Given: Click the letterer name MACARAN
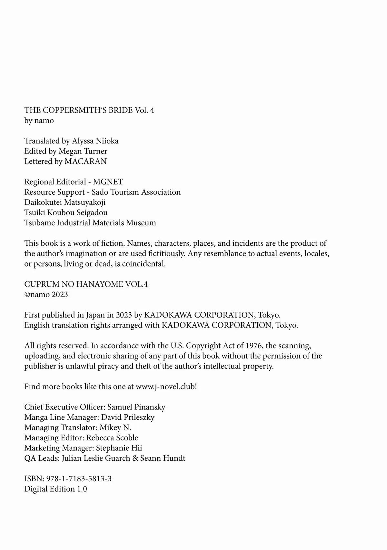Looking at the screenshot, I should (85, 162).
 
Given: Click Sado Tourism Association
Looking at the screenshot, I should (136, 192).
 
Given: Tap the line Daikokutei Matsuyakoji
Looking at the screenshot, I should (65, 202).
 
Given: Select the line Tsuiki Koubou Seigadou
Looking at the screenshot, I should (66, 213).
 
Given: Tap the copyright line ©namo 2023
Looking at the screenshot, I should (46, 295).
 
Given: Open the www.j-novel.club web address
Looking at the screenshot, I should (166, 387).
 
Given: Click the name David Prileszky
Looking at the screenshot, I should (128, 417).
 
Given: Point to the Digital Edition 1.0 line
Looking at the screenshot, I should (55, 489).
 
